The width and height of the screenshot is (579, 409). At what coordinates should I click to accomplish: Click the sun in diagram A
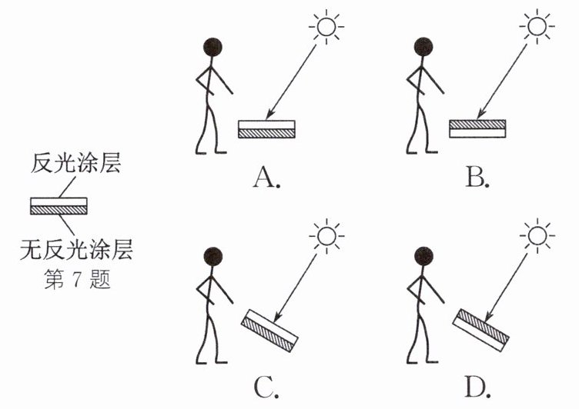(x=326, y=27)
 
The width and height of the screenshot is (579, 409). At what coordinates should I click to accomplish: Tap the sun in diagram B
(x=537, y=27)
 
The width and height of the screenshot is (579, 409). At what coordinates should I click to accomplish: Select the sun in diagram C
(x=326, y=236)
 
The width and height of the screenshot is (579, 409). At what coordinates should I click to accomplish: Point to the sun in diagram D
(x=537, y=236)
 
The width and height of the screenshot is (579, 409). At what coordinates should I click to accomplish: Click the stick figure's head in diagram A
(x=213, y=47)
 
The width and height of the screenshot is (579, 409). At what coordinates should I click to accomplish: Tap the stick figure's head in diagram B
(x=423, y=47)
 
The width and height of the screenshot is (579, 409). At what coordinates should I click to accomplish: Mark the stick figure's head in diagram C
(x=213, y=256)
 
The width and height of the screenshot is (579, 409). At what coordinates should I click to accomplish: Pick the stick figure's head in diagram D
(x=423, y=256)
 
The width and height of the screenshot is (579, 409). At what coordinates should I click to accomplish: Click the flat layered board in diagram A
(x=266, y=129)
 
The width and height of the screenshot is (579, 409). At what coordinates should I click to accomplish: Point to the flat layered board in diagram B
(x=477, y=128)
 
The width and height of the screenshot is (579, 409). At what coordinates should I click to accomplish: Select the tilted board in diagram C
(x=269, y=331)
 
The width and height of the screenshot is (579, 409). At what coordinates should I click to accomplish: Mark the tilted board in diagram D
(x=480, y=330)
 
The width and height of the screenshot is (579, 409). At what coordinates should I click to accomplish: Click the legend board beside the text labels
(x=59, y=206)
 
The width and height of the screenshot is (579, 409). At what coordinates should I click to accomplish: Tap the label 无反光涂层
(x=76, y=249)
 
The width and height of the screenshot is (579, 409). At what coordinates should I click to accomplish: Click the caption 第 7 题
(x=77, y=279)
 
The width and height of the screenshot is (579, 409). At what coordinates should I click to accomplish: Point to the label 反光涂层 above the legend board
(x=75, y=163)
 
